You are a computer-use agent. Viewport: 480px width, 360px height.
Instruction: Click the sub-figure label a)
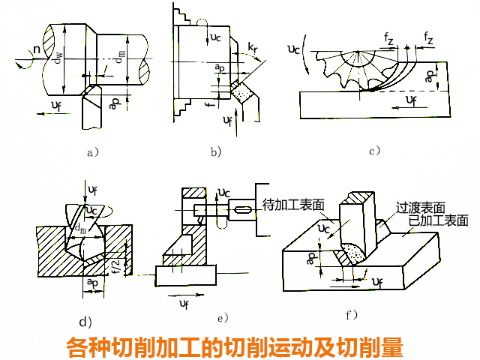pos(93,151)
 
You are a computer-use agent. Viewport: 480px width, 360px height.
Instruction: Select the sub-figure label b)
pos(216,151)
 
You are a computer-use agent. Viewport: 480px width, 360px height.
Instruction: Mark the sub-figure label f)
pos(351,313)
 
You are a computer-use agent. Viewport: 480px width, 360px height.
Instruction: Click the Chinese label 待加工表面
pos(294,205)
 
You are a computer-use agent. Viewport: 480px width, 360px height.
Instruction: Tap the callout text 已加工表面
pos(439,220)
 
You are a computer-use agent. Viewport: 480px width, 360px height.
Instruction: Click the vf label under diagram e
pos(184,302)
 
